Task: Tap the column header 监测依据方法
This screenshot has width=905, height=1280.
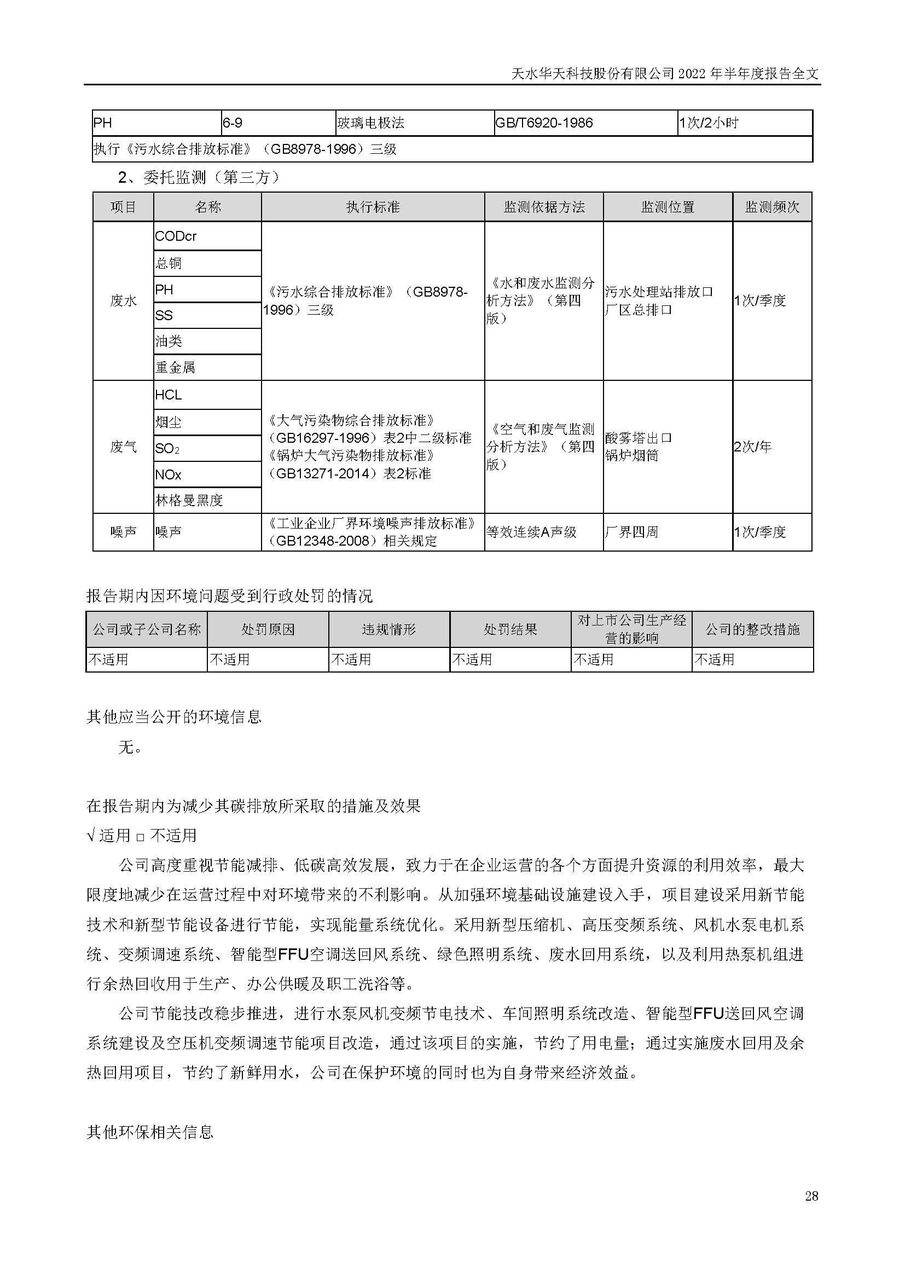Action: (544, 207)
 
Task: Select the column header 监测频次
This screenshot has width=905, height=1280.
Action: (772, 207)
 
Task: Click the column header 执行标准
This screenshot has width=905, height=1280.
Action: (373, 207)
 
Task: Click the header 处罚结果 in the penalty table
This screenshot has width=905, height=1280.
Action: (510, 629)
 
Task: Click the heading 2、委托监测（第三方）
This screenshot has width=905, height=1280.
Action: (199, 177)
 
